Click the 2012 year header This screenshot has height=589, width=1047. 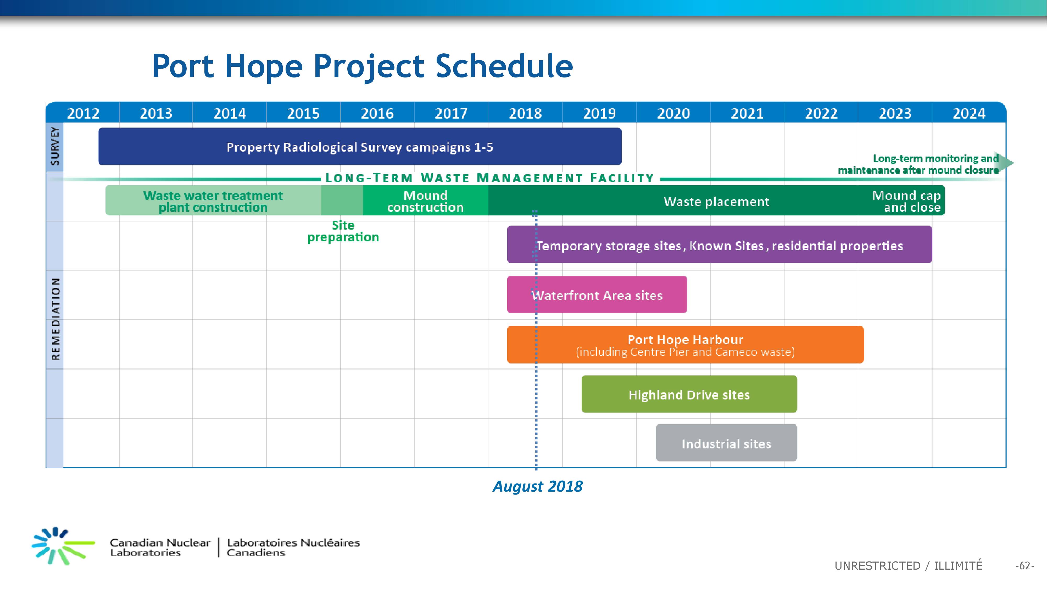pyautogui.click(x=83, y=113)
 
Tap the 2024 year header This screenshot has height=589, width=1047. pyautogui.click(x=969, y=113)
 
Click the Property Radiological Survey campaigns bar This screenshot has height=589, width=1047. pyautogui.click(x=360, y=146)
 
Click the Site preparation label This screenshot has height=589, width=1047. pyautogui.click(x=343, y=231)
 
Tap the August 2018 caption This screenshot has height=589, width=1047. pyautogui.click(x=537, y=486)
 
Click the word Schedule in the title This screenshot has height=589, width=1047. pyautogui.click(x=504, y=66)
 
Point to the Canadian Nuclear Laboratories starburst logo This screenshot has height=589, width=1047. pyautogui.click(x=63, y=546)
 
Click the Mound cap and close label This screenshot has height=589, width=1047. pyautogui.click(x=906, y=201)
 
